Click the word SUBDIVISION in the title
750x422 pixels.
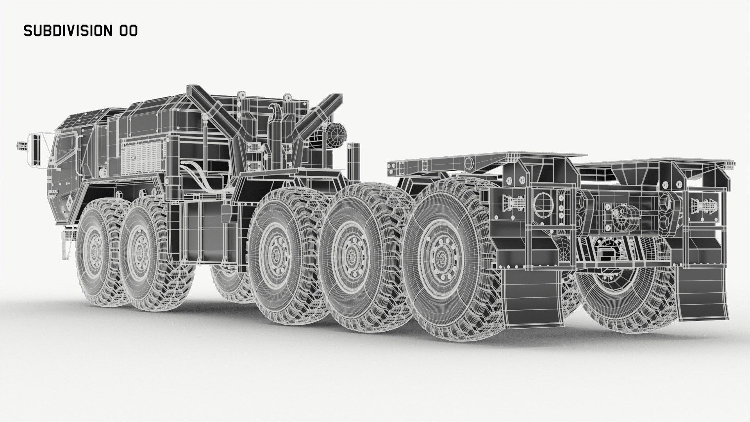click(x=68, y=31)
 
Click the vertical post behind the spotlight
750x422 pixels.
click(x=355, y=160)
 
